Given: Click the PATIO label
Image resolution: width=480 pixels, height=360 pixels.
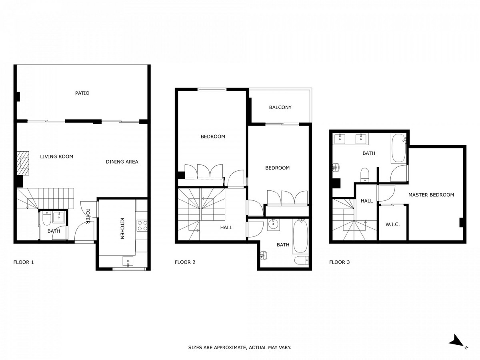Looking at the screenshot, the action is [x=82, y=93].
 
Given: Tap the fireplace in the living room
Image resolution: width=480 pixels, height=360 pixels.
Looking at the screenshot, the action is [x=23, y=163].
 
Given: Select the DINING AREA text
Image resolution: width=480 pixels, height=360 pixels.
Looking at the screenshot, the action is [x=122, y=162].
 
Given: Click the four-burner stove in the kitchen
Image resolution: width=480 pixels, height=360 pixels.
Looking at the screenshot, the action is [x=142, y=226].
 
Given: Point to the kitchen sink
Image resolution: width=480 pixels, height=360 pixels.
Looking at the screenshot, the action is [x=128, y=262].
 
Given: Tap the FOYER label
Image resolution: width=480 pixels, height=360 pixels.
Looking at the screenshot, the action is [x=88, y=216].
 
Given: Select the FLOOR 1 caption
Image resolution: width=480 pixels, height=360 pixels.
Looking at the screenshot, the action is [x=24, y=262].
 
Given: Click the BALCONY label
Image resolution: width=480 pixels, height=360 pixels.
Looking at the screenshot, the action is [x=280, y=107].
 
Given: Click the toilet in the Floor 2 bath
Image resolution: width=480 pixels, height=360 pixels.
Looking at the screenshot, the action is [x=301, y=260].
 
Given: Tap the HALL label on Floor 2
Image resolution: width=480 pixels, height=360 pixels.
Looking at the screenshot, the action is [x=226, y=228].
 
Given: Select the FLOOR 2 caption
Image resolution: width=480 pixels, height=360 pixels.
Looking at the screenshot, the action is [x=185, y=262].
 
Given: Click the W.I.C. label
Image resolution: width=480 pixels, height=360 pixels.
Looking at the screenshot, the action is [x=392, y=224].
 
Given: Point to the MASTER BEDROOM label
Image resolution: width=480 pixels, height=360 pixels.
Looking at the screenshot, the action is [x=431, y=195].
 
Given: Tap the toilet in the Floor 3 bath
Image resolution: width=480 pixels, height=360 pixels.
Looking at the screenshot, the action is [x=364, y=175].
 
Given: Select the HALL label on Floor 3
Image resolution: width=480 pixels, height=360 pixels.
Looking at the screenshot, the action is [x=366, y=201].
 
